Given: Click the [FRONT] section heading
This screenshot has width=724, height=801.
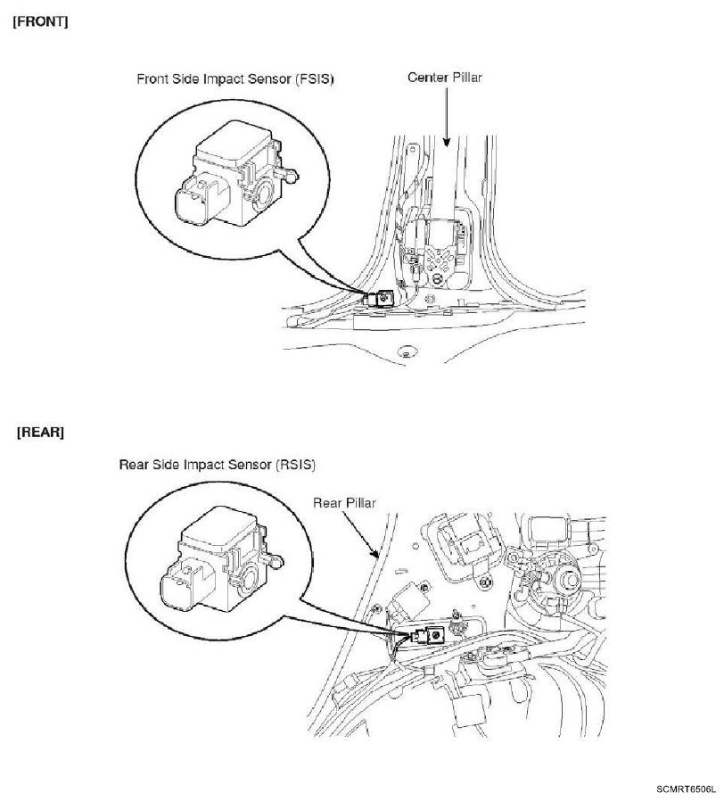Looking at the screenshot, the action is click(x=40, y=22).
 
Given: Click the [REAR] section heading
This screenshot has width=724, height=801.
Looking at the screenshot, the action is click(x=40, y=433).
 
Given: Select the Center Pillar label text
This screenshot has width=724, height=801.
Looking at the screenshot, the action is click(x=445, y=78).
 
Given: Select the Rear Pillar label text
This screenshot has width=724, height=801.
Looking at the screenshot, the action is click(x=344, y=503).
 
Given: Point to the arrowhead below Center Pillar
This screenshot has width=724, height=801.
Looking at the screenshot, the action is click(x=446, y=142).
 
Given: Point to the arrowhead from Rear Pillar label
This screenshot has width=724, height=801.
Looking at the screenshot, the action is click(x=375, y=553).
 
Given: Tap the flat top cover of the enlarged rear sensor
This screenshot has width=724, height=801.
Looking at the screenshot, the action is click(x=218, y=526).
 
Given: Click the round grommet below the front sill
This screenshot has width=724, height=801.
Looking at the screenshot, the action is click(x=407, y=351).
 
